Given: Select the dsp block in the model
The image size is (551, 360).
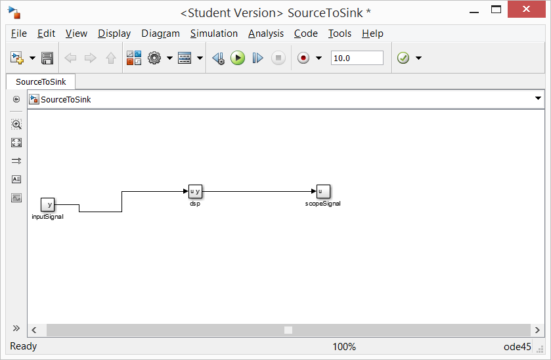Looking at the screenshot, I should (195, 191).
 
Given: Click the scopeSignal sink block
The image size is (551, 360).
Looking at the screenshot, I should (322, 191).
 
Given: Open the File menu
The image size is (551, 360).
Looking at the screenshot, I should (19, 34).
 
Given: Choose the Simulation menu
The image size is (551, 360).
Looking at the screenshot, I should (214, 34).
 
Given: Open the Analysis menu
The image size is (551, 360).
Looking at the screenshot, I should (266, 34).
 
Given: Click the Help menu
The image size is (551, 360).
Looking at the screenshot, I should (372, 34).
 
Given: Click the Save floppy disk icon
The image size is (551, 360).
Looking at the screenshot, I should (47, 58).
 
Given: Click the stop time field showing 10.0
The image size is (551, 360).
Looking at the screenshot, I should (357, 58).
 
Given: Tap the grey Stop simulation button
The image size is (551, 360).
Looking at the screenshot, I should (278, 58).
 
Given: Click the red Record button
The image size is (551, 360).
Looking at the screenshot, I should (303, 58).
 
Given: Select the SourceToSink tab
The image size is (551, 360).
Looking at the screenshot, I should (41, 82).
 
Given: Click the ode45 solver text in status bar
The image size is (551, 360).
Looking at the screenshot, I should (516, 347).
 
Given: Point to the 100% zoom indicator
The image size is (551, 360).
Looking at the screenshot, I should (343, 347).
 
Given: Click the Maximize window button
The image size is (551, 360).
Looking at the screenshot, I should (496, 10).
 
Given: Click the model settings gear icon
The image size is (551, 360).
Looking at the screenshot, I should (154, 58).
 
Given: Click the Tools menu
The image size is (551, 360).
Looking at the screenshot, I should (340, 34).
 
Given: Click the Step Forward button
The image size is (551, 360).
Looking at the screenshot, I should (257, 58).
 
